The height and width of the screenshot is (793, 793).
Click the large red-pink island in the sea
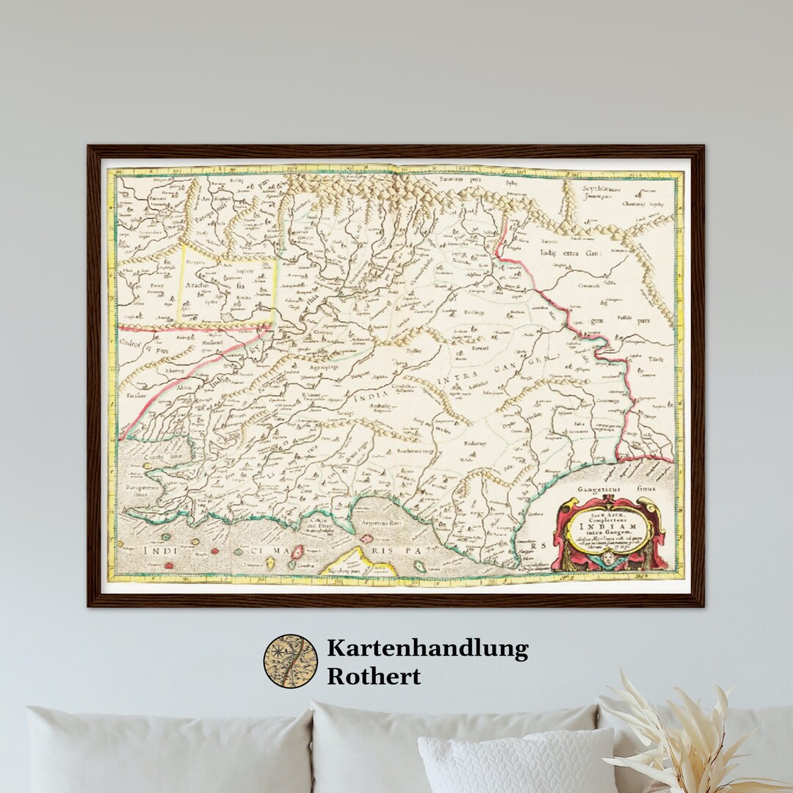(298, 552)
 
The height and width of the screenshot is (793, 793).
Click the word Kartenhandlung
(427, 648)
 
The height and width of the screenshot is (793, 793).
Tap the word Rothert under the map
(374, 676)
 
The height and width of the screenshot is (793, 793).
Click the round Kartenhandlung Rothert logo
(290, 661)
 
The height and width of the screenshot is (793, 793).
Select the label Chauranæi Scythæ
(642, 204)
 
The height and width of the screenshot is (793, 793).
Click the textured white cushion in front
(518, 764)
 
